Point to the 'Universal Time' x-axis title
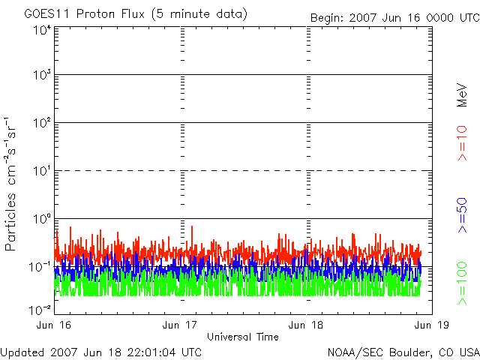pyautogui.click(x=242, y=337)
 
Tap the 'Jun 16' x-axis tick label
pyautogui.click(x=54, y=325)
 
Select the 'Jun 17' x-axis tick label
pyautogui.click(x=181, y=325)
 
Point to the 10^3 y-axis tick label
pyautogui.click(x=41, y=76)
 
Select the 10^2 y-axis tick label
pyautogui.click(x=41, y=123)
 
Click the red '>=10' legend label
pyautogui.click(x=463, y=143)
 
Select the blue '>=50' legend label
pyautogui.click(x=463, y=216)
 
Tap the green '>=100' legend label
pyautogui.click(x=463, y=283)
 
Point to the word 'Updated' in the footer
pyautogui.click(x=22, y=351)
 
